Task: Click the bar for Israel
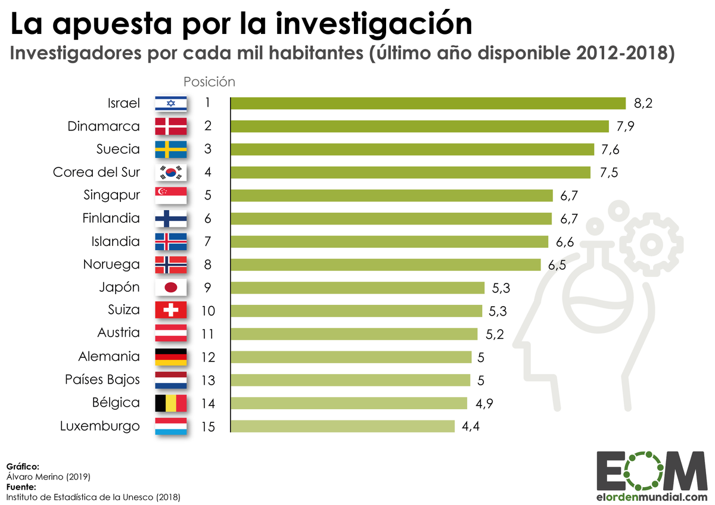pyautogui.click(x=428, y=103)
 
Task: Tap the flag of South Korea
pyautogui.click(x=171, y=173)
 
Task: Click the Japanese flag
pyautogui.click(x=171, y=288)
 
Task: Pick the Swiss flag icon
pyautogui.click(x=171, y=310)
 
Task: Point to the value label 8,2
pyautogui.click(x=643, y=104)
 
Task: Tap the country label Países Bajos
pyautogui.click(x=102, y=379)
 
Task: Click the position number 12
pyautogui.click(x=207, y=357)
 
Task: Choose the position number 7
pyautogui.click(x=207, y=242)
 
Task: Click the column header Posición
pyautogui.click(x=209, y=82)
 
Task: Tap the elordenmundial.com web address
pyautogui.click(x=652, y=496)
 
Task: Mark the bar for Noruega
pyautogui.click(x=386, y=264)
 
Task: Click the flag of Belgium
pyautogui.click(x=171, y=403)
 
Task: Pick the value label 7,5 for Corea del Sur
pyautogui.click(x=608, y=173)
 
